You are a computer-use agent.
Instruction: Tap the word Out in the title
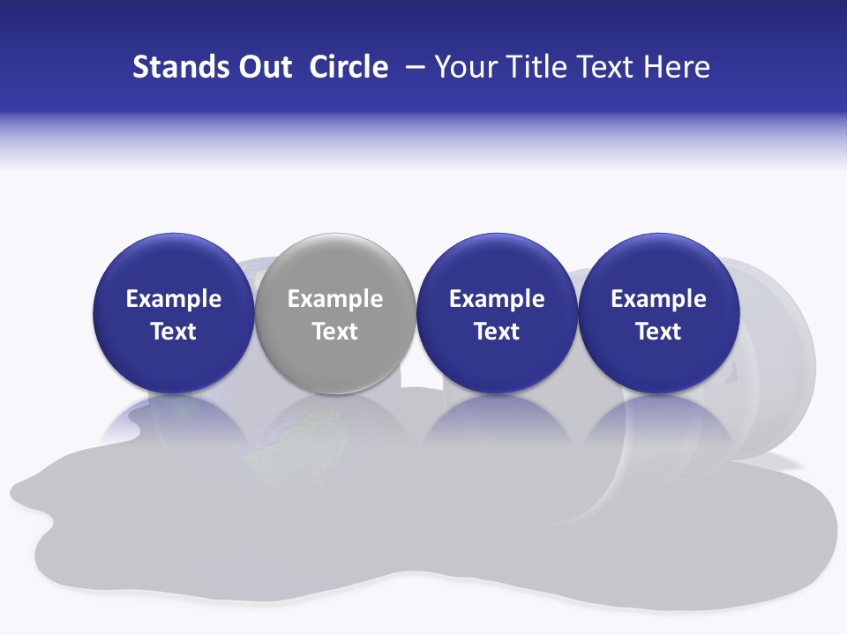[x=263, y=67]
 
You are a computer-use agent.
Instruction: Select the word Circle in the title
[x=349, y=67]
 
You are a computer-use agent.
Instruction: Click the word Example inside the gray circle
[x=335, y=299]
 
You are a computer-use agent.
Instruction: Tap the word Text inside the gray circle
[x=335, y=332]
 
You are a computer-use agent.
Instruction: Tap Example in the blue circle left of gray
[x=173, y=299]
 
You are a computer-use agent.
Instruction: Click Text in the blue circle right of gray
[x=497, y=332]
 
